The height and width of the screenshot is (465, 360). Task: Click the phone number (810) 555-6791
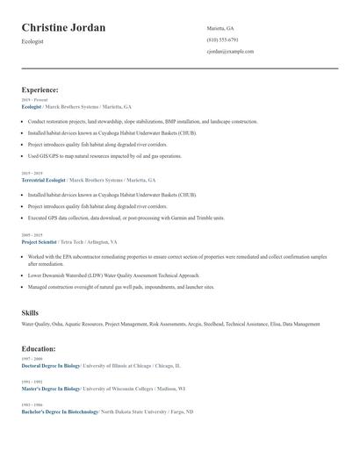(222, 40)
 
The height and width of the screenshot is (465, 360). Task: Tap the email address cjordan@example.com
(230, 52)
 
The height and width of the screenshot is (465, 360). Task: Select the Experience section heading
(40, 89)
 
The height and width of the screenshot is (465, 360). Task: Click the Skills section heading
(31, 312)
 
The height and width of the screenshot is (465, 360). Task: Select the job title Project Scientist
(40, 241)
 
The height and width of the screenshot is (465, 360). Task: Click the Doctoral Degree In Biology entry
(50, 365)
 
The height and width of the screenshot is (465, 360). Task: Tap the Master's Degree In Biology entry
(50, 388)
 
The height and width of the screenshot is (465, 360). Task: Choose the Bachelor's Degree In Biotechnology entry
(60, 411)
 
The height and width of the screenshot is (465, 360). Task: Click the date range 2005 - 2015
(32, 235)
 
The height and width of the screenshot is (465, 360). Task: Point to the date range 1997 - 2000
(32, 359)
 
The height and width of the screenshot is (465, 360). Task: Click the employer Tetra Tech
(72, 241)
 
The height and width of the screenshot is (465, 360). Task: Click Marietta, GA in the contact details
(220, 28)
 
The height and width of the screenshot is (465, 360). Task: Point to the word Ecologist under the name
(32, 41)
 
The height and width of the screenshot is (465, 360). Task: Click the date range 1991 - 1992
(32, 382)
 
